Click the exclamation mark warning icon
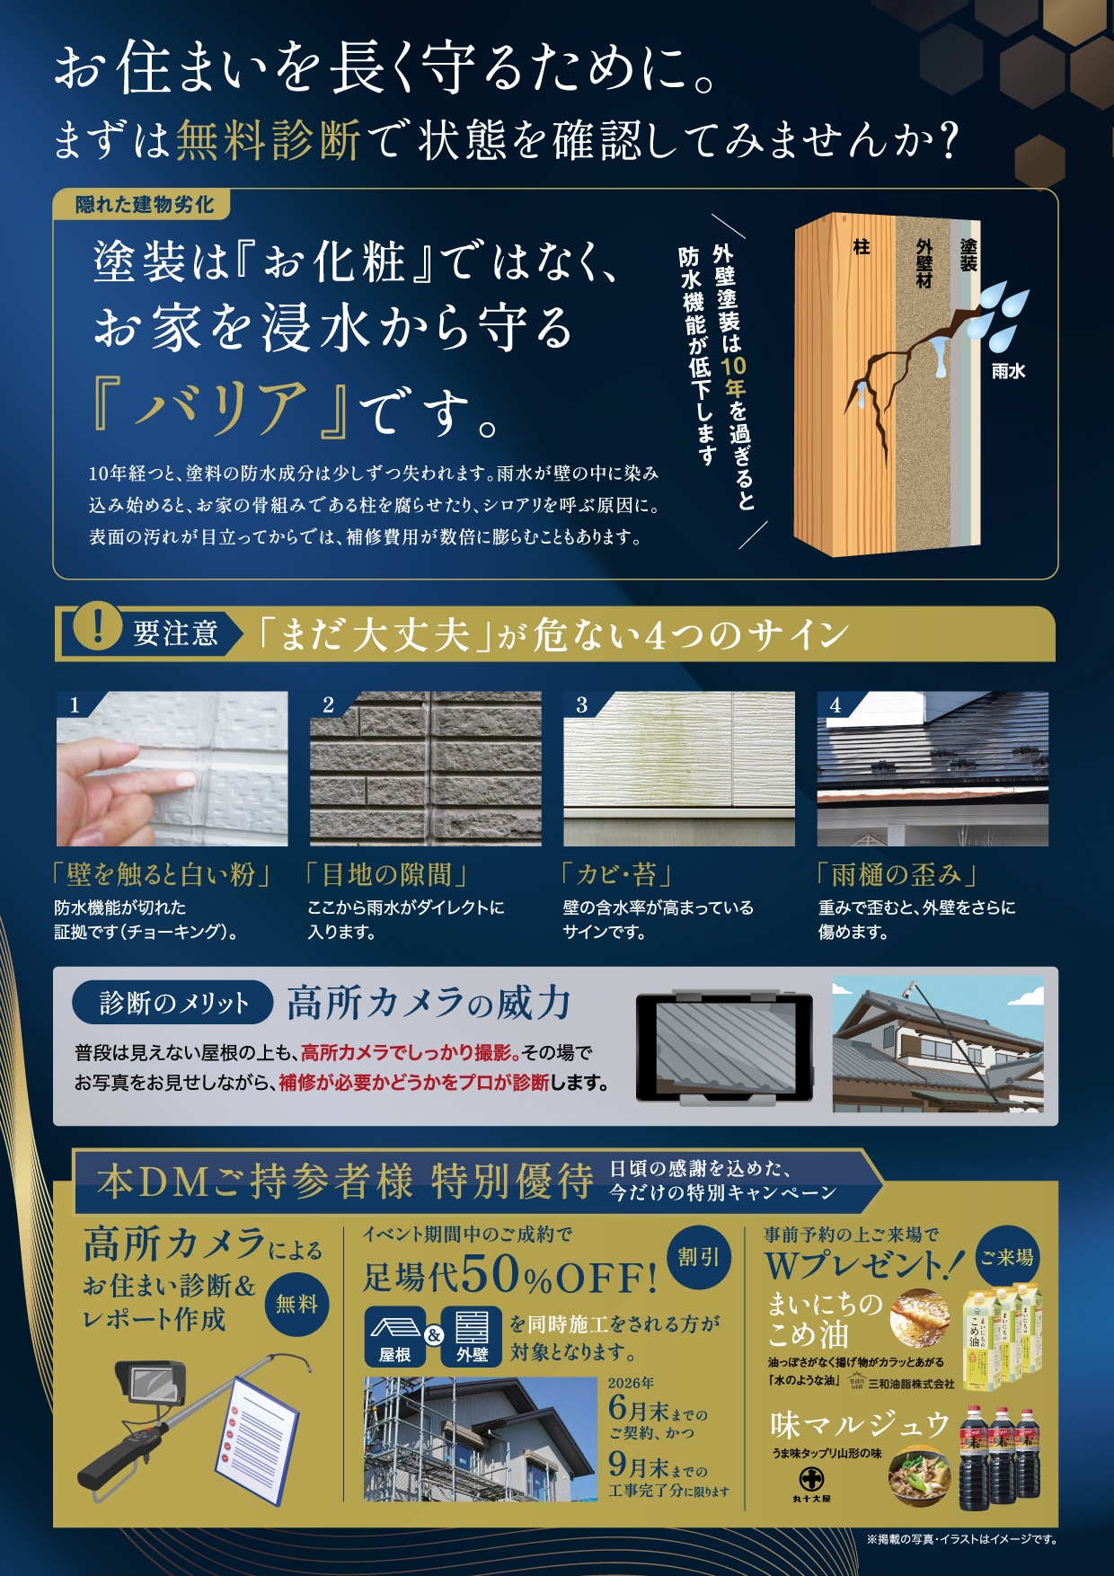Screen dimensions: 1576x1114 pyautogui.click(x=96, y=625)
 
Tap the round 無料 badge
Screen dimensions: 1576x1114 pyautogui.click(x=296, y=1304)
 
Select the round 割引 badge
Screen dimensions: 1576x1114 pyautogui.click(x=698, y=1257)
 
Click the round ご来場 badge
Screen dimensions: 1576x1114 pyautogui.click(x=1006, y=1257)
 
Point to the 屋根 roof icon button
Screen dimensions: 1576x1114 pyautogui.click(x=394, y=1336)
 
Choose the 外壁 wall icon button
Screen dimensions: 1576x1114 pyautogui.click(x=472, y=1336)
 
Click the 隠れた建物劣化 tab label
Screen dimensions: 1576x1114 pyautogui.click(x=144, y=205)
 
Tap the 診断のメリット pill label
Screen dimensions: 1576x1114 pyautogui.click(x=173, y=1003)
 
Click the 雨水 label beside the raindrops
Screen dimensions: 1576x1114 pyautogui.click(x=1008, y=371)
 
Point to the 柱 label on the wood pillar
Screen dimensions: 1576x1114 pyautogui.click(x=861, y=247)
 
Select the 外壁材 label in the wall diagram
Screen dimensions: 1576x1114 pyautogui.click(x=924, y=263)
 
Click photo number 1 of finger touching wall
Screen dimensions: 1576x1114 pyautogui.click(x=172, y=768)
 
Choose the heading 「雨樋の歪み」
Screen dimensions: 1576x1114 pyautogui.click(x=896, y=874)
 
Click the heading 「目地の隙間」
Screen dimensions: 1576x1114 pyautogui.click(x=387, y=874)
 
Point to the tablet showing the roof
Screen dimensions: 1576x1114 pyautogui.click(x=724, y=1049)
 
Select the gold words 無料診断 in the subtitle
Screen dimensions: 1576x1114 pyautogui.click(x=268, y=140)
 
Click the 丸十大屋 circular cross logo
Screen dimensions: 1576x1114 pyautogui.click(x=811, y=1477)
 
